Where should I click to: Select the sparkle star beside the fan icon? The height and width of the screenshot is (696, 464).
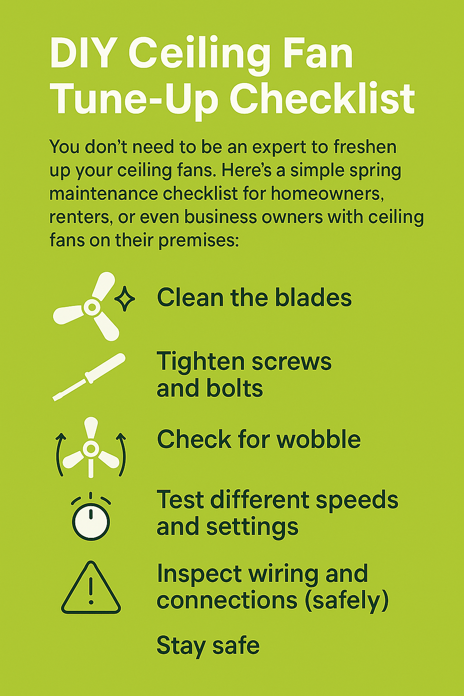click(x=125, y=299)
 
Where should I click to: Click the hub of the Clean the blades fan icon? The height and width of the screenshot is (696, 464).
click(x=92, y=307)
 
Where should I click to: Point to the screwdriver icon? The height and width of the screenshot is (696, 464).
click(x=89, y=377)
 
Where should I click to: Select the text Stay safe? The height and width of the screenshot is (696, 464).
click(x=208, y=646)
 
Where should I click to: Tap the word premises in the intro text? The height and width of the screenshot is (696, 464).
click(x=199, y=241)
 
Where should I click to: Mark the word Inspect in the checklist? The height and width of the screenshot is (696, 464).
click(x=199, y=574)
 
